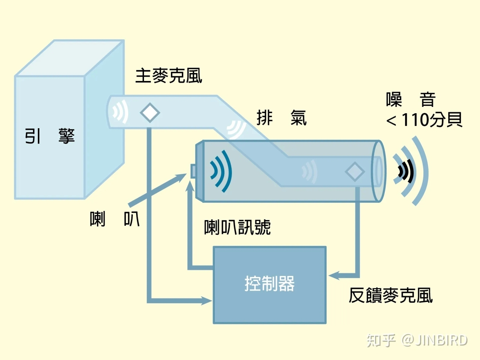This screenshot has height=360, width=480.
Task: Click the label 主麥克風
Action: [168, 76]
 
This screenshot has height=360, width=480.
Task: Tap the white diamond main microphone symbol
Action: [150, 112]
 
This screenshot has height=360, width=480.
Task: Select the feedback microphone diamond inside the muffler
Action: [354, 172]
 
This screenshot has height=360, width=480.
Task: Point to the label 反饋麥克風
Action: [391, 295]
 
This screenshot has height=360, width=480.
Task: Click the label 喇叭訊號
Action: [237, 227]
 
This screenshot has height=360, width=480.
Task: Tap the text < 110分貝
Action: [424, 120]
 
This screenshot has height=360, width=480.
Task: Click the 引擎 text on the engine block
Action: [49, 136]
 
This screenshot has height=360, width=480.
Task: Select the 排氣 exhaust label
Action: [282, 118]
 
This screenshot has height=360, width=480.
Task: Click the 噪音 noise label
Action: [411, 100]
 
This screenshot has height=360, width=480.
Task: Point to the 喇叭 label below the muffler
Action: [115, 219]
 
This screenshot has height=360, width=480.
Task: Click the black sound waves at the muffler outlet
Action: [406, 172]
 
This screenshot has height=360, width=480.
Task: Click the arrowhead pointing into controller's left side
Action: [207, 300]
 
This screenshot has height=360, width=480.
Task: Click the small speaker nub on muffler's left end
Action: [193, 171]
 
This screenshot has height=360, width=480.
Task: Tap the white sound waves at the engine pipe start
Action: [120, 112]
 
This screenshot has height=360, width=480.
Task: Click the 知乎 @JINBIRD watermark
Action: [417, 340]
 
